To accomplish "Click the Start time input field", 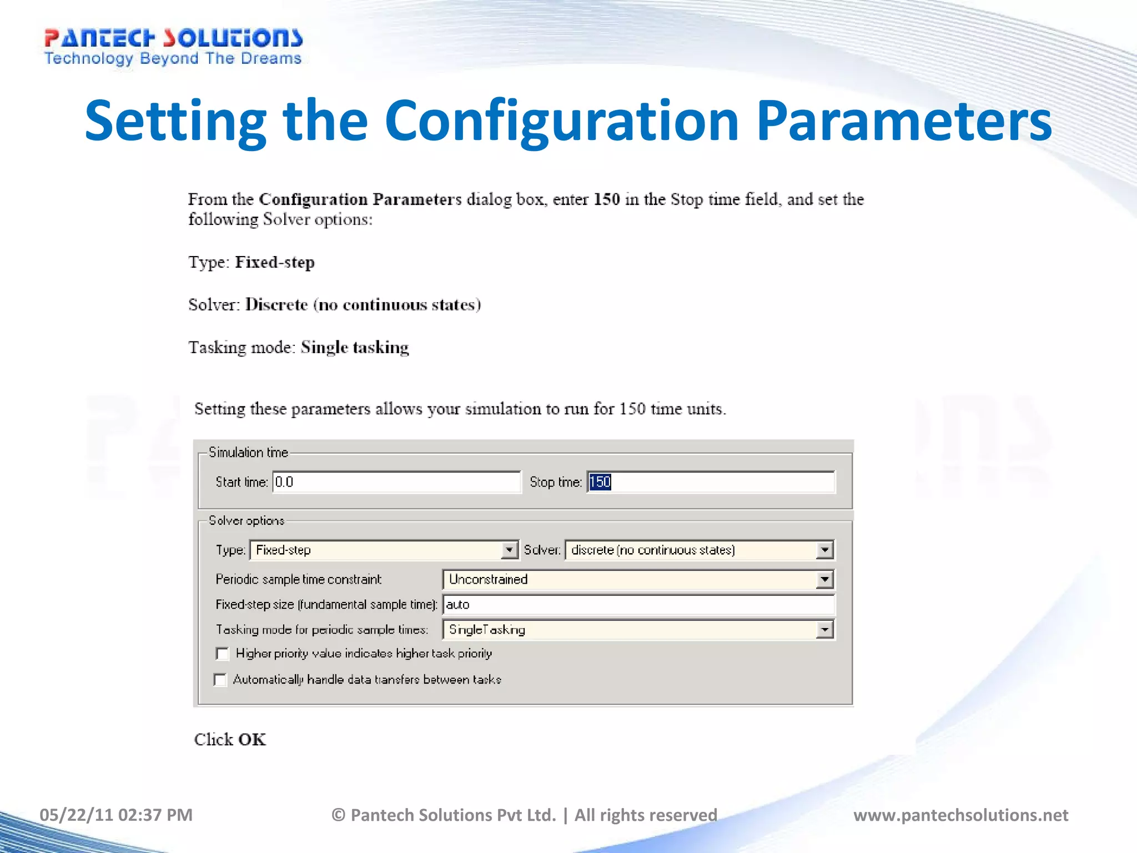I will coord(396,482).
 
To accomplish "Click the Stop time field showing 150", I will coord(711,482).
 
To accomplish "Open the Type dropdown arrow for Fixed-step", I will coord(509,550).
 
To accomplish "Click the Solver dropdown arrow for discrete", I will coord(825,550).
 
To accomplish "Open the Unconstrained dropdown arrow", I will coord(825,580).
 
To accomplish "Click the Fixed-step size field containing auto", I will coord(638,605).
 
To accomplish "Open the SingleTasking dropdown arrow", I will coord(825,630).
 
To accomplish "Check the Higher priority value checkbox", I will coord(223,654).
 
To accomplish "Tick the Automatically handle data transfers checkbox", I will coord(220,680).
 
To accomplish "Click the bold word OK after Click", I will coord(252,740).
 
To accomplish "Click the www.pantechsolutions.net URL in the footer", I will coord(960,815).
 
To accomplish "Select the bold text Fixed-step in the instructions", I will coord(275,262).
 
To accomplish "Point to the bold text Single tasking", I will coord(355,347).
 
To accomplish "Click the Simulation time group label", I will coord(248,453).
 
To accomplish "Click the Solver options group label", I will coord(246,521).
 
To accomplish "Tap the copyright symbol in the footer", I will coord(339,815).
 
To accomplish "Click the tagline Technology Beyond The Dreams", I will coord(173,59).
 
